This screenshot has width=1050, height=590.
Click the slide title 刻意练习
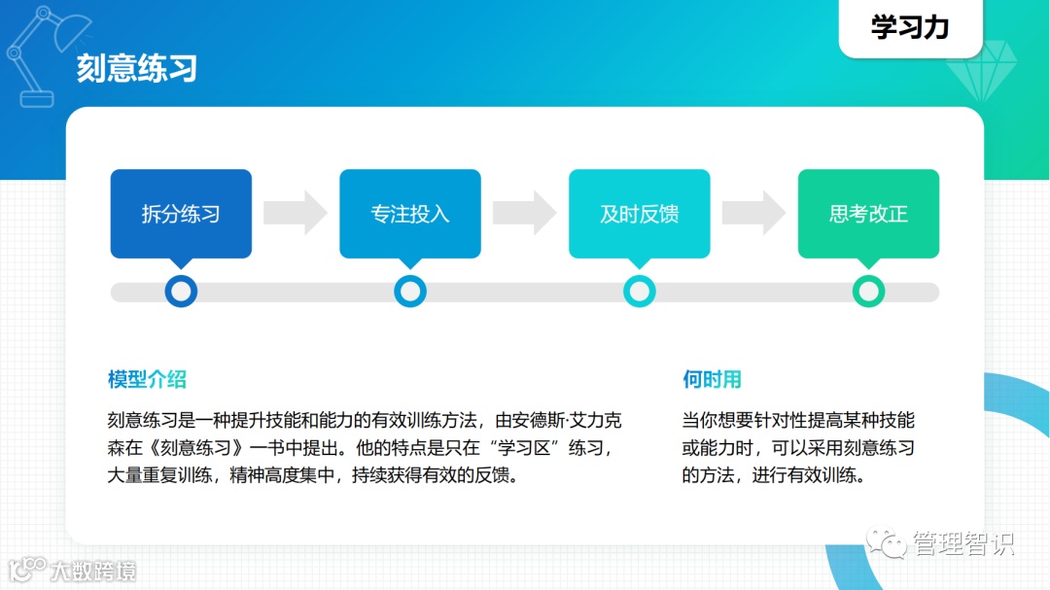(x=137, y=69)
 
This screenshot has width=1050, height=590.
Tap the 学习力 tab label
(x=910, y=28)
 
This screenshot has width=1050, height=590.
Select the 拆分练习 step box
(x=181, y=214)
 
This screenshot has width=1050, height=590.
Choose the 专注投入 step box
(x=410, y=214)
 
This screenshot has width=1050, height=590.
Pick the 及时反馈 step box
(x=639, y=214)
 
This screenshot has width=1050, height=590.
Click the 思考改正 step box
(x=868, y=214)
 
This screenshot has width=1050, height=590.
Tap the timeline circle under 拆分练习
(x=181, y=291)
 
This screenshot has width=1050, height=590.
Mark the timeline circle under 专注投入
(x=410, y=291)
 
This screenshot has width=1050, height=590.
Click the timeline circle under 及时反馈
(x=639, y=291)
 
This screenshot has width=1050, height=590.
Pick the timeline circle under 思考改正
(x=868, y=291)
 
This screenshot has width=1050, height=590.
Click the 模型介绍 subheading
(x=147, y=379)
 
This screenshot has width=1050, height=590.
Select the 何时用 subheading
(x=712, y=379)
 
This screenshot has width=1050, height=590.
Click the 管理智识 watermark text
(x=962, y=543)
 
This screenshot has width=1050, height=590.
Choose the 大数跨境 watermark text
(x=93, y=570)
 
